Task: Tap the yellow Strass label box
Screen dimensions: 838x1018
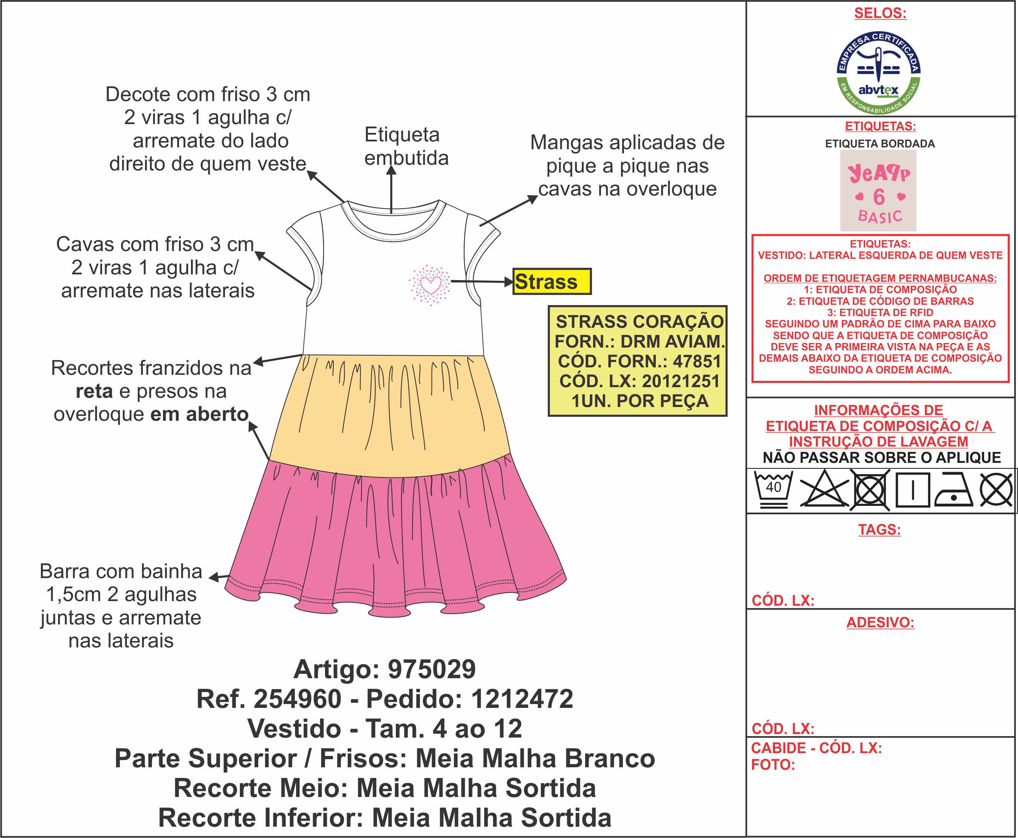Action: pos(551,281)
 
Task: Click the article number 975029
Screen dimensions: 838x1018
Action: pos(432,670)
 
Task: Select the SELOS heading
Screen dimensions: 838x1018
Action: pos(880,13)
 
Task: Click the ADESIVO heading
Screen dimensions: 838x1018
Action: pos(880,622)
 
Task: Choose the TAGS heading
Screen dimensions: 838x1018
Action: pos(879,530)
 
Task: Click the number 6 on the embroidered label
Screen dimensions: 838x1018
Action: pos(878,197)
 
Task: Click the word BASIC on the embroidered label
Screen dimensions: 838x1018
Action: pos(879,216)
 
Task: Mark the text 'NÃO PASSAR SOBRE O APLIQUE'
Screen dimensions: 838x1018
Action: pos(881,458)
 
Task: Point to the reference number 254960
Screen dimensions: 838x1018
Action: pos(297,699)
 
